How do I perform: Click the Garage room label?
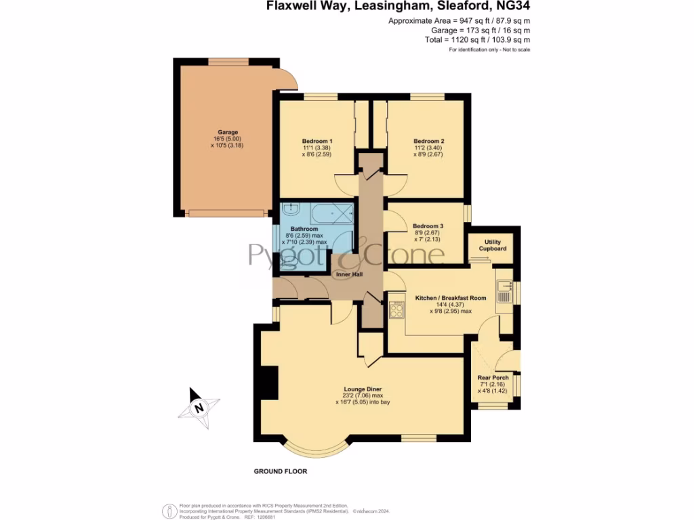pyautogui.click(x=228, y=132)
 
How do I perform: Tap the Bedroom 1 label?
pyautogui.click(x=317, y=142)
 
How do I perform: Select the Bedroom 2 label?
pyautogui.click(x=428, y=142)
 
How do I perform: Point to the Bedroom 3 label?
pyautogui.click(x=428, y=226)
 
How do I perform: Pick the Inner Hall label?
pyautogui.click(x=347, y=274)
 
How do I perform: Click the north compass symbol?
pyautogui.click(x=199, y=408)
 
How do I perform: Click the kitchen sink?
pyautogui.click(x=504, y=292)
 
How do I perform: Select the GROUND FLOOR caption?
pyautogui.click(x=280, y=471)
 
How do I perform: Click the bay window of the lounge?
pyautogui.click(x=317, y=448)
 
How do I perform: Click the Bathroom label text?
pyautogui.click(x=304, y=229)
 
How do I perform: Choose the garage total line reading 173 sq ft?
pyautogui.click(x=481, y=30)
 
